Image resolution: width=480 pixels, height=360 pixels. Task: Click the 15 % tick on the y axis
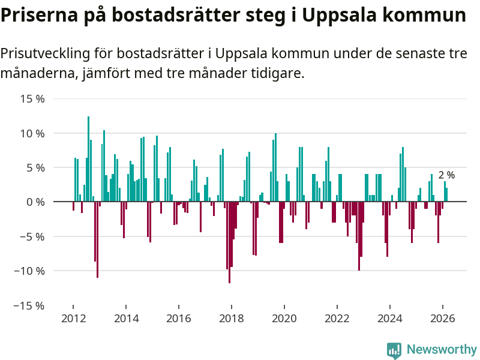point(33,98)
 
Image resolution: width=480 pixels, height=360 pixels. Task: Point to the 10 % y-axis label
point(33,133)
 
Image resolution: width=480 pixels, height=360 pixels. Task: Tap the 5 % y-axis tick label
point(36,167)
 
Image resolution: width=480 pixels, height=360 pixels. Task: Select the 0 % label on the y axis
point(36,202)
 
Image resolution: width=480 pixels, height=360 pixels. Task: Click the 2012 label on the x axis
point(73,319)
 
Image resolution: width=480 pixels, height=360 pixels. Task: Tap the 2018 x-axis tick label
point(232,319)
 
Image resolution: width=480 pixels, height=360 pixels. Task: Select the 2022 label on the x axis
point(337,319)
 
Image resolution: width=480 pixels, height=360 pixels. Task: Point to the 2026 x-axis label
point(443,319)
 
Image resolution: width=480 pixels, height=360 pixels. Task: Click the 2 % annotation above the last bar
point(446,175)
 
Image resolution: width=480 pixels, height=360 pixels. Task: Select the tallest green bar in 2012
point(88,159)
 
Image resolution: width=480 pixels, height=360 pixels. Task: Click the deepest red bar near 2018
point(229,242)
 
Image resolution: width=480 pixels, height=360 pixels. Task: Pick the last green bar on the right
point(446,195)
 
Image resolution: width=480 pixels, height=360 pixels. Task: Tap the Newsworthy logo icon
point(394,350)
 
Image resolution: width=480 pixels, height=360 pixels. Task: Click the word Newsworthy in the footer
point(442,350)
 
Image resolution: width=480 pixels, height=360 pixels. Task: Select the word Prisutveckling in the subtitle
point(45,54)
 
